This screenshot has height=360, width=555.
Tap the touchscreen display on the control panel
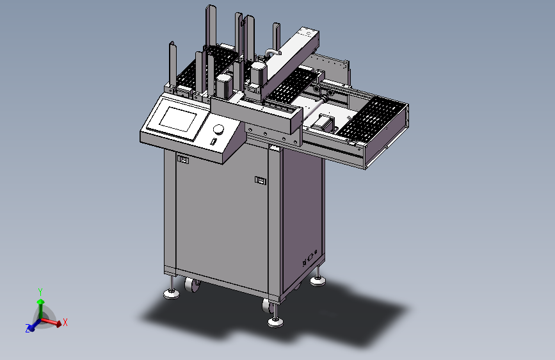[178, 119]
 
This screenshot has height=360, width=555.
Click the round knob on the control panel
[219, 129]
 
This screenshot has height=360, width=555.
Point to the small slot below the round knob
[213, 142]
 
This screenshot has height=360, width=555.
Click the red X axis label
[65, 322]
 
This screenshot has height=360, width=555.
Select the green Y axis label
[40, 292]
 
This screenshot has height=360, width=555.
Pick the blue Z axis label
[28, 329]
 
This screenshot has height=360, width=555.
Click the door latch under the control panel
[182, 160]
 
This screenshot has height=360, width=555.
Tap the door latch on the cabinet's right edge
[260, 181]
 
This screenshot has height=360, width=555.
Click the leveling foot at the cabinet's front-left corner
[172, 293]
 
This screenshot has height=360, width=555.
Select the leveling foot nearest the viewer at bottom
[275, 322]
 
